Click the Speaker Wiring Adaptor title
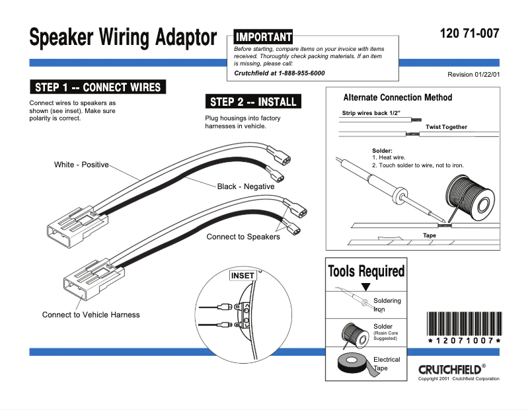[x=122, y=37]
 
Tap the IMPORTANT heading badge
[x=263, y=37]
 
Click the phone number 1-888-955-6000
[x=299, y=73]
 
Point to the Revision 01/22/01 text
[x=473, y=75]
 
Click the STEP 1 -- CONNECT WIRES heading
[x=97, y=87]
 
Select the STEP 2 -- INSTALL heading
[x=253, y=102]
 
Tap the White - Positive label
[x=81, y=165]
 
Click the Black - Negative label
[x=246, y=186]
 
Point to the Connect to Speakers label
[x=243, y=237]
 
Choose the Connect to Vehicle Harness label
[x=91, y=315]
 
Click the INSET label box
[x=242, y=276]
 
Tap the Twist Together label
[x=446, y=127]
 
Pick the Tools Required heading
[x=366, y=271]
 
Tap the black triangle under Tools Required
[x=365, y=287]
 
